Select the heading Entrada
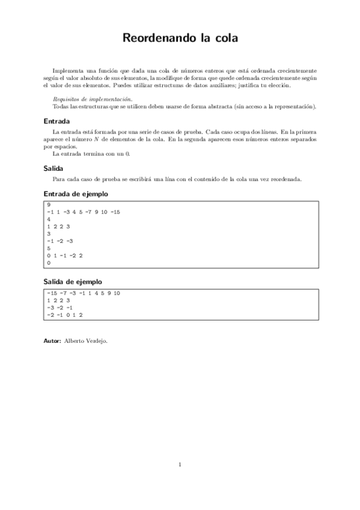pyautogui.click(x=52, y=120)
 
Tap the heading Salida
pyautogui.click(x=50, y=168)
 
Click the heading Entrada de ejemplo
pyautogui.click(x=76, y=194)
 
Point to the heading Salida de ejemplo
pyautogui.click(x=73, y=281)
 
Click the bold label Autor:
pyautogui.click(x=52, y=340)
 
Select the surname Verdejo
pyautogui.click(x=97, y=340)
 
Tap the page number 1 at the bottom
pyautogui.click(x=180, y=464)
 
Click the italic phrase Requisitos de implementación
pyautogui.click(x=93, y=99)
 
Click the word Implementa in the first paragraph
pyautogui.click(x=67, y=70)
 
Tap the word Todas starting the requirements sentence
pyautogui.click(x=61, y=106)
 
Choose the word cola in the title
pyautogui.click(x=224, y=38)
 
